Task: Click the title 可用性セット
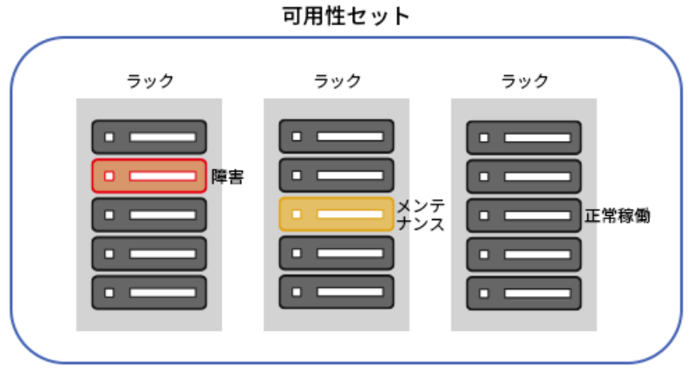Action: [x=346, y=16]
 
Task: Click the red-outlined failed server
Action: [x=149, y=176]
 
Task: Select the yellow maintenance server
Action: [x=337, y=214]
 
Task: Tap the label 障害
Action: [x=228, y=177]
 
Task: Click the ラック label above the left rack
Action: [x=149, y=81]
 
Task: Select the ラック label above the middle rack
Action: [x=337, y=81]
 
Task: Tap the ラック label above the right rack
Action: [x=525, y=81]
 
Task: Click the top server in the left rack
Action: [x=149, y=137]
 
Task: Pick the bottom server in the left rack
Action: [x=149, y=293]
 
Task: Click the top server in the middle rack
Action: [x=337, y=136]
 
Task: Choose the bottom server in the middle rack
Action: [x=337, y=292]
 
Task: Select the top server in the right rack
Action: [x=524, y=137]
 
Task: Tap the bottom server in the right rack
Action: [x=524, y=293]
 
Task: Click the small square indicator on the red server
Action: [x=109, y=176]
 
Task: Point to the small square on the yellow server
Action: [x=297, y=214]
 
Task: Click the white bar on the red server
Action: [x=162, y=176]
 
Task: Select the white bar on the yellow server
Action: [x=350, y=214]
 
